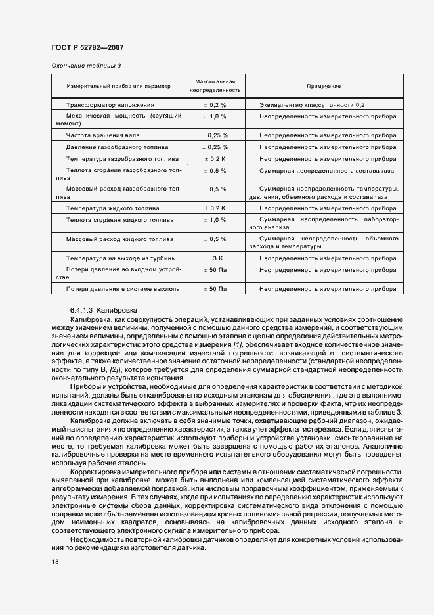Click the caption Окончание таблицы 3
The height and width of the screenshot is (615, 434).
[x=85, y=66]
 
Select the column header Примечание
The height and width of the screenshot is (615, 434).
[x=324, y=86]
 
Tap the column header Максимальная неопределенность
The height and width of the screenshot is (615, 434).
[x=215, y=86]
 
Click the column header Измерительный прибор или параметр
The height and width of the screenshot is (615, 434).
[x=118, y=86]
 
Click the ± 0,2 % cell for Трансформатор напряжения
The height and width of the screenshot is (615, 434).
[x=215, y=104]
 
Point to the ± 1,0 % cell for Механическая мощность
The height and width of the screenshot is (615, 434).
[x=215, y=116]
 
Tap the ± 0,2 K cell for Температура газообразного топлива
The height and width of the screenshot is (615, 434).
[x=215, y=159]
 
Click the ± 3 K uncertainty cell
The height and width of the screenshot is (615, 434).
[x=215, y=258]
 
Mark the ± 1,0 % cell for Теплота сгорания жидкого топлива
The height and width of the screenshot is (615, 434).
[x=215, y=220]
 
